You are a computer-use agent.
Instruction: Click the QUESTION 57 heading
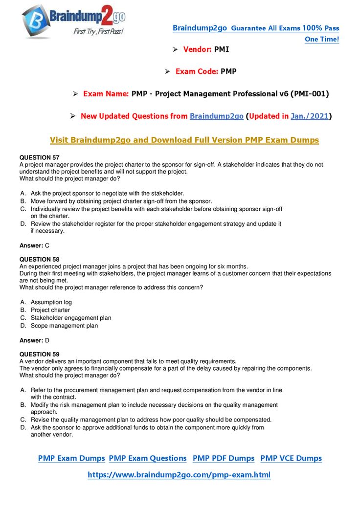click(39, 157)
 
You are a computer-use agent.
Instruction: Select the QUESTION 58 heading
click(39, 259)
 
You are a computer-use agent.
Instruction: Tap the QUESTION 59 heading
click(39, 354)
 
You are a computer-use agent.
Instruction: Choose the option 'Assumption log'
click(51, 302)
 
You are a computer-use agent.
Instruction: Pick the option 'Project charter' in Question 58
click(50, 310)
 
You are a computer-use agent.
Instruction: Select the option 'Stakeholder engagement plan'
click(71, 318)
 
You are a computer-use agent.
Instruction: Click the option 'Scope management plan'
click(64, 326)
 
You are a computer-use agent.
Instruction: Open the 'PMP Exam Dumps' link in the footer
click(71, 458)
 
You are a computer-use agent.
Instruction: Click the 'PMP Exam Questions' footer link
click(148, 458)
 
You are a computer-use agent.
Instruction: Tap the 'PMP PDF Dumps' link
click(224, 458)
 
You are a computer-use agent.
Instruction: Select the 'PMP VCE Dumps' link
click(291, 458)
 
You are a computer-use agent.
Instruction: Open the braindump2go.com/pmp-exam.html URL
click(179, 475)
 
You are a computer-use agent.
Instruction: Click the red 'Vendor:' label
click(198, 49)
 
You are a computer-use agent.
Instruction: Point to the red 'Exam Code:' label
click(197, 71)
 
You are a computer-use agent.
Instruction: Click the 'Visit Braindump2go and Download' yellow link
click(184, 140)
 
